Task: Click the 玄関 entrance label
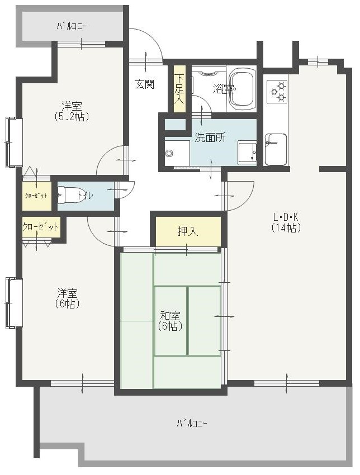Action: [145, 84]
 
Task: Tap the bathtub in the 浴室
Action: [241, 89]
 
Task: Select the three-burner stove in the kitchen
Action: [277, 92]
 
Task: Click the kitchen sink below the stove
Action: [276, 149]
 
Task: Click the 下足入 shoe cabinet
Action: [179, 89]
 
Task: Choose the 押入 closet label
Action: [188, 231]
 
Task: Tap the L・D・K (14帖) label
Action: [286, 222]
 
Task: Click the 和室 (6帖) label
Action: [170, 321]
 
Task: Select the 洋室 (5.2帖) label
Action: [72, 111]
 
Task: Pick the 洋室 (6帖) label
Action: [68, 298]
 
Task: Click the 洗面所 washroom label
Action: [210, 137]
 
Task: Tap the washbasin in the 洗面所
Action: [247, 153]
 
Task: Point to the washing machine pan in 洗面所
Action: [177, 153]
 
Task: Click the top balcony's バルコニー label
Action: [72, 26]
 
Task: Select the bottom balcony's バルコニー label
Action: [192, 423]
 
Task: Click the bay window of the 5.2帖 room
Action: [14, 142]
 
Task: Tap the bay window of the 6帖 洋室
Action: [14, 303]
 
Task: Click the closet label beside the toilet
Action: [36, 196]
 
